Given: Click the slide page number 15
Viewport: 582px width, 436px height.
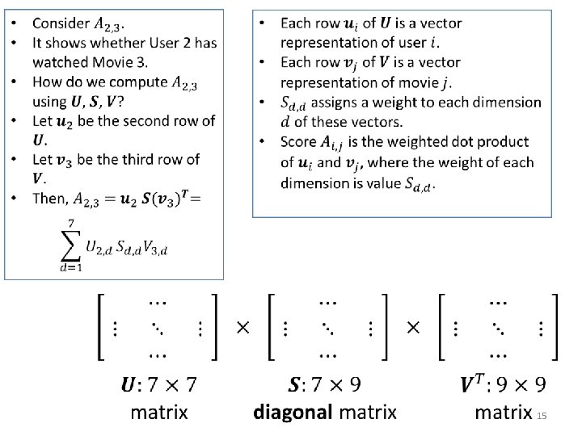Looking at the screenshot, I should (x=542, y=416).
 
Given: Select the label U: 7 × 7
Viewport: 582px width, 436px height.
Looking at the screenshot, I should (x=158, y=385).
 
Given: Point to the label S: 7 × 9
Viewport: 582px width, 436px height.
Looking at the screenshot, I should (x=326, y=385).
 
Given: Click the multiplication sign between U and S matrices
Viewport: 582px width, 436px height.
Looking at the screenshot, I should (x=242, y=328).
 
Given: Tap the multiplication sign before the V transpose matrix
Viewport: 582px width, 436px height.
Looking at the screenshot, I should (x=413, y=328).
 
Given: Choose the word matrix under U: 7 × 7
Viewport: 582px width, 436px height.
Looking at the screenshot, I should (x=159, y=413).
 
